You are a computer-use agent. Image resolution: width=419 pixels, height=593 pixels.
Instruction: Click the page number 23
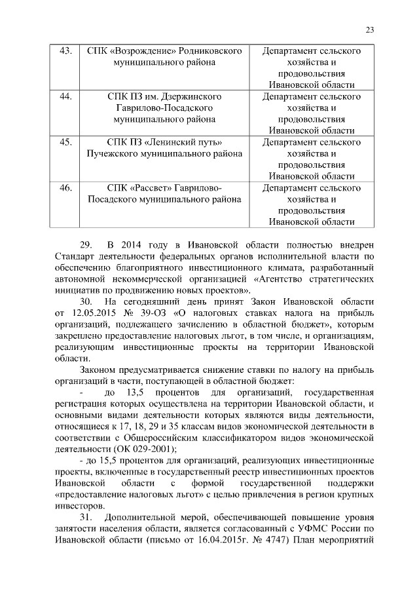[369, 29]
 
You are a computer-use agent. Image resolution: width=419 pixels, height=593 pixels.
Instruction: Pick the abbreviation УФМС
[325, 529]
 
